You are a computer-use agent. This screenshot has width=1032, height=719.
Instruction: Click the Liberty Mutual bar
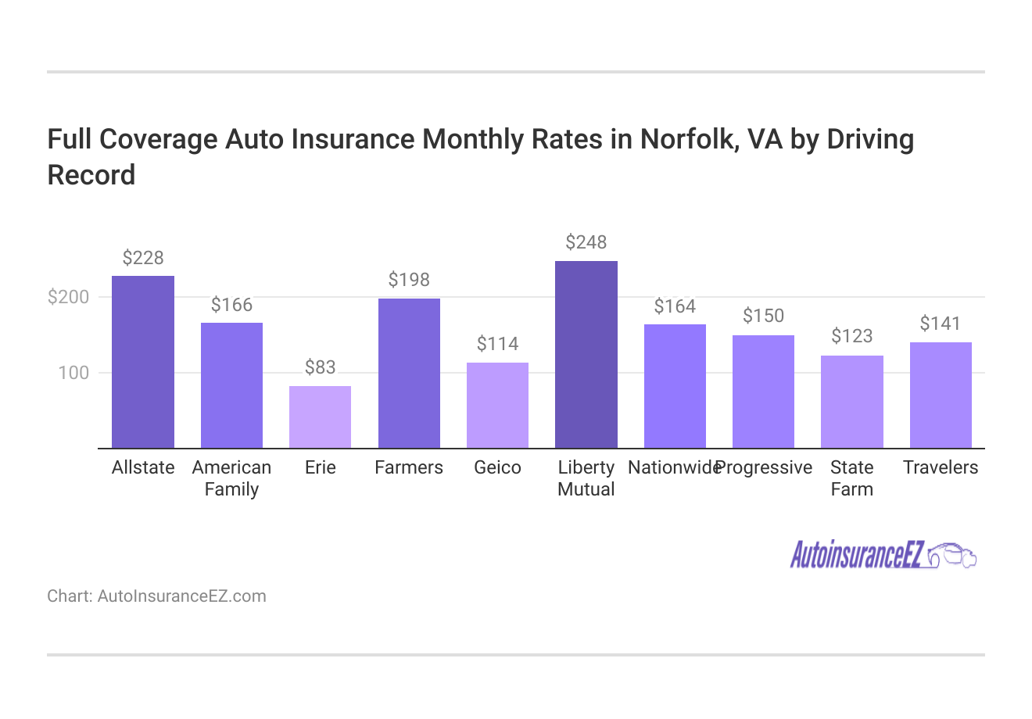pos(586,355)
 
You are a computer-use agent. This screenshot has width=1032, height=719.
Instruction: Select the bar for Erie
pos(320,417)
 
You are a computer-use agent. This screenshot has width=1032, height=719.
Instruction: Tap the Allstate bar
pos(143,362)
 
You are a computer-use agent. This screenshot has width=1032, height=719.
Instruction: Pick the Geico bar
pos(497,406)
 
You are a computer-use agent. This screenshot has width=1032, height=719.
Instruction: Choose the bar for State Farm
pos(852,402)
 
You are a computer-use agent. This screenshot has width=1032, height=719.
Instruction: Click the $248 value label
pos(586,242)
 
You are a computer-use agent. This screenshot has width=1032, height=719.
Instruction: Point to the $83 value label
pos(320,367)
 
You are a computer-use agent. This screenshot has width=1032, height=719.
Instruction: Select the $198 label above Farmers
pos(409,280)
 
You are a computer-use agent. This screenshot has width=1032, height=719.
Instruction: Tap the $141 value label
pos(941,324)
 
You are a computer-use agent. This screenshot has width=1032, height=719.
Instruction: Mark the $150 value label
pos(763,316)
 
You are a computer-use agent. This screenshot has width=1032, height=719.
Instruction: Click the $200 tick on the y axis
pos(69,297)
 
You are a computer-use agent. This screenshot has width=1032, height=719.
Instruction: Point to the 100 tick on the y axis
pos(73,373)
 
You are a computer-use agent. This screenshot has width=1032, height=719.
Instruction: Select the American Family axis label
pos(231,478)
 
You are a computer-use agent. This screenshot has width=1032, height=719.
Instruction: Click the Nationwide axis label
pos(673,467)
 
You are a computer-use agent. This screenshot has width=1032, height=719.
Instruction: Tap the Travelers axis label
pos(941,467)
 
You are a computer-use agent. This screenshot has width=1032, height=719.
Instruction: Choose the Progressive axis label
pos(764,467)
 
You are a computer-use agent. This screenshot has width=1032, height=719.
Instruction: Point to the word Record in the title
pos(91,174)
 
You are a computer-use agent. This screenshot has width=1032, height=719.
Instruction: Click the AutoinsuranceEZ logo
pos(883,555)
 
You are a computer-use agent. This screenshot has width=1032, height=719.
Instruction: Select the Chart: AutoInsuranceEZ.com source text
pos(156,596)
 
